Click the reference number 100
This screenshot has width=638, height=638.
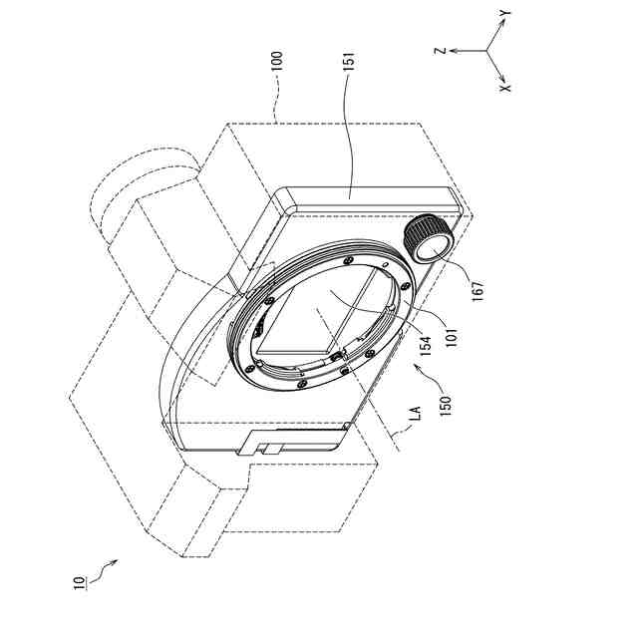[277, 61]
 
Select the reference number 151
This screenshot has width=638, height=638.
[349, 61]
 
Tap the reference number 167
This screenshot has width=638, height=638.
[478, 291]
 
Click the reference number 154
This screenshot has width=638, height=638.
[426, 346]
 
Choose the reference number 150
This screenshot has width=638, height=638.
[446, 406]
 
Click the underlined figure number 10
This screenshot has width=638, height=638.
[80, 582]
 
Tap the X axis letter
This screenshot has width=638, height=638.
[505, 88]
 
